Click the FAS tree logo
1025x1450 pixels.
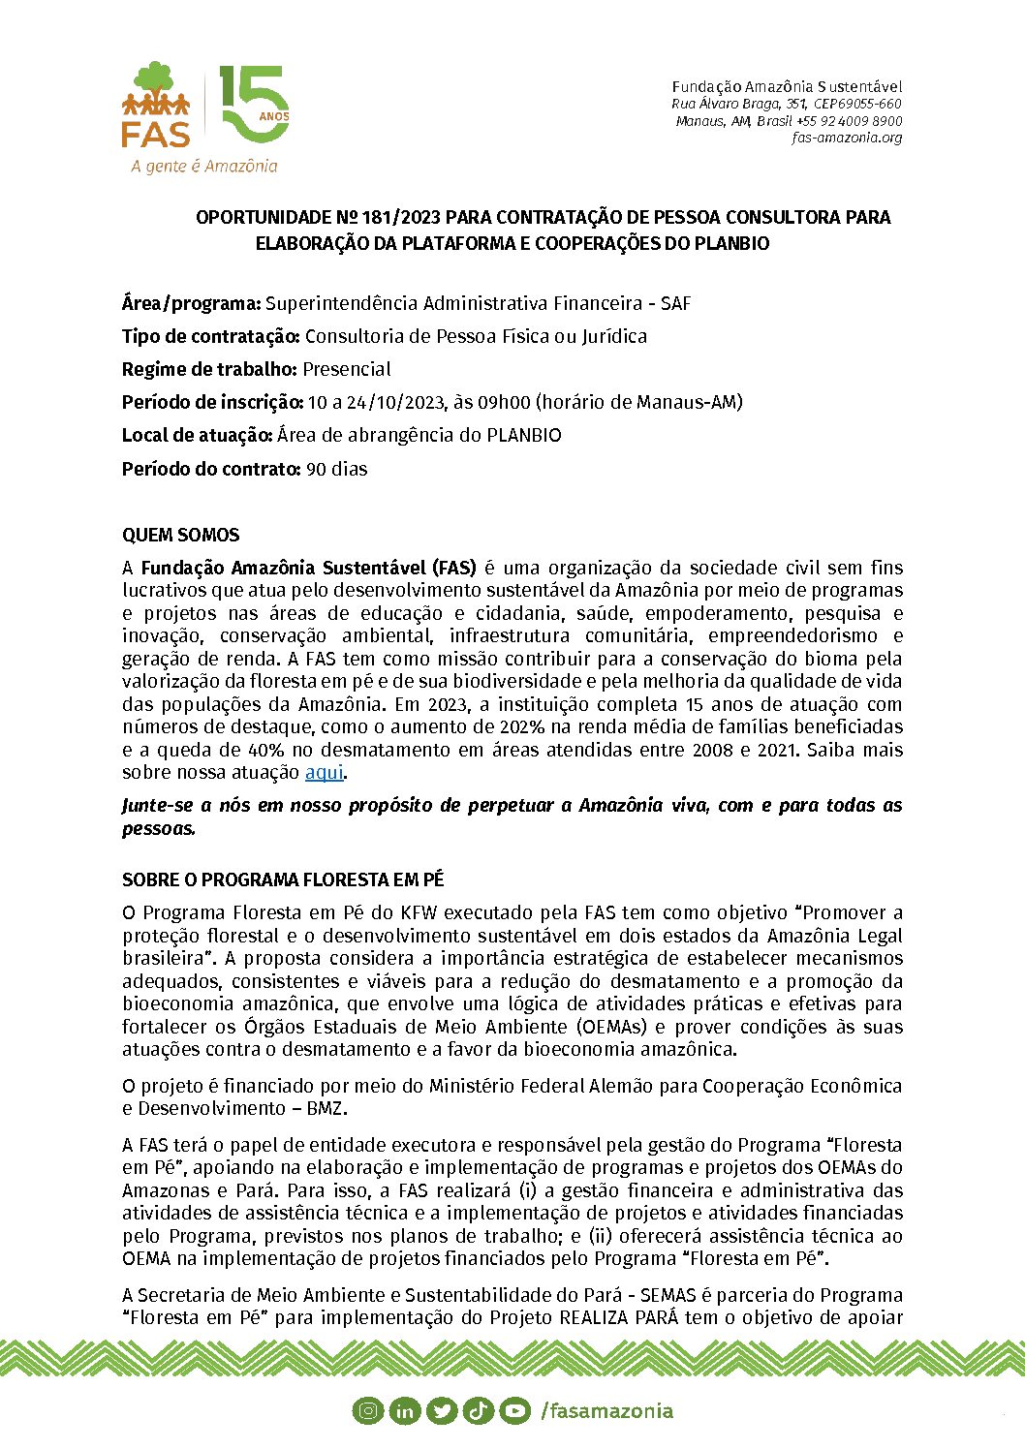pyautogui.click(x=156, y=105)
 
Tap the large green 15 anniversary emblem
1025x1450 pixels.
pyautogui.click(x=254, y=105)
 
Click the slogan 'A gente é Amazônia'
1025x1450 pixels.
pyautogui.click(x=204, y=167)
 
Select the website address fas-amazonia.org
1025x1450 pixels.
pyautogui.click(x=846, y=138)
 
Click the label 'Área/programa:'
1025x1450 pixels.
pyautogui.click(x=191, y=303)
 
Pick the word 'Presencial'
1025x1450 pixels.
pyautogui.click(x=347, y=369)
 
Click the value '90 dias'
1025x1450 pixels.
pyautogui.click(x=336, y=469)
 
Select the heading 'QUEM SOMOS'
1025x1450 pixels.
pyautogui.click(x=180, y=535)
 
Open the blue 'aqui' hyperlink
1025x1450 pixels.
pyautogui.click(x=324, y=772)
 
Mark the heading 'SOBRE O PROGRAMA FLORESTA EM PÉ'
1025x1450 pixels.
pyautogui.click(x=283, y=879)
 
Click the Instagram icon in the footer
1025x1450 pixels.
pyautogui.click(x=368, y=1411)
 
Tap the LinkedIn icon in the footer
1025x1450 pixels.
pyautogui.click(x=405, y=1411)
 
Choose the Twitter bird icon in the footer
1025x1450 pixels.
pyautogui.click(x=442, y=1411)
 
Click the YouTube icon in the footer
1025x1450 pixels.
pyautogui.click(x=515, y=1411)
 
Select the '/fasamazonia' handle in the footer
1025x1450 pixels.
pyautogui.click(x=606, y=1411)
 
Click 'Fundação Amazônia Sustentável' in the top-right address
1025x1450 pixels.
pyautogui.click(x=787, y=87)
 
